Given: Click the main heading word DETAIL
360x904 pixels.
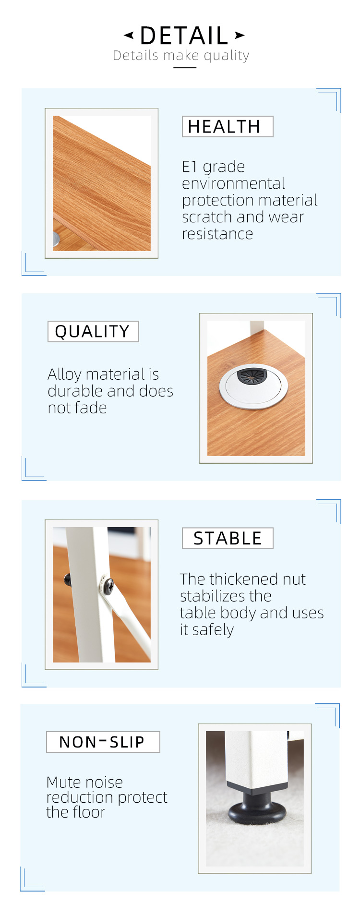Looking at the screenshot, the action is [184, 36].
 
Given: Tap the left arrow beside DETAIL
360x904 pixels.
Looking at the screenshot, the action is [129, 35].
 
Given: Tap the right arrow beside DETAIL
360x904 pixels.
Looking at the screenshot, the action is [240, 35].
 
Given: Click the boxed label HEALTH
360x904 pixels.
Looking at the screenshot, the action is [228, 127].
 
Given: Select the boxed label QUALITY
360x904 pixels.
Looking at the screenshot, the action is [93, 332].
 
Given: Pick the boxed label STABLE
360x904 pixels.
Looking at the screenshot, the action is [228, 538].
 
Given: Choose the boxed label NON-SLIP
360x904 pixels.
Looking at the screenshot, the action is [103, 742].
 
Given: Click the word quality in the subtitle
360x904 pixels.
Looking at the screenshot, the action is [227, 56].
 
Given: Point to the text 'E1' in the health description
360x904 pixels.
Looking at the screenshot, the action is [190, 167].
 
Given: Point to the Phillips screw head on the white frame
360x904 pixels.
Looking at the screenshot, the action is [107, 585].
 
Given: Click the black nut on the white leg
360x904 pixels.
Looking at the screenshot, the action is [68, 580].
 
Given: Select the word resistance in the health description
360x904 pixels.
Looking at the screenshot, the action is [217, 234].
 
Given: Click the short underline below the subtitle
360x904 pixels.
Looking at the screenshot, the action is [185, 68].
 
